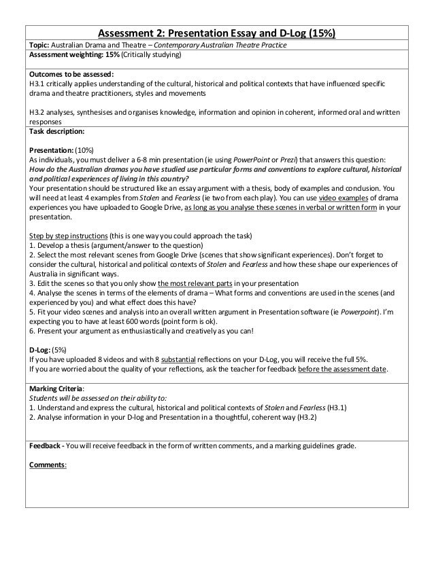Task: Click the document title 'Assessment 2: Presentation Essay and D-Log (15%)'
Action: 217,33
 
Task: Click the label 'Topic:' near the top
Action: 41,45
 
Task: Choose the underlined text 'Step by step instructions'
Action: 73,236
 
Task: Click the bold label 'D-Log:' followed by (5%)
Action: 41,350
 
